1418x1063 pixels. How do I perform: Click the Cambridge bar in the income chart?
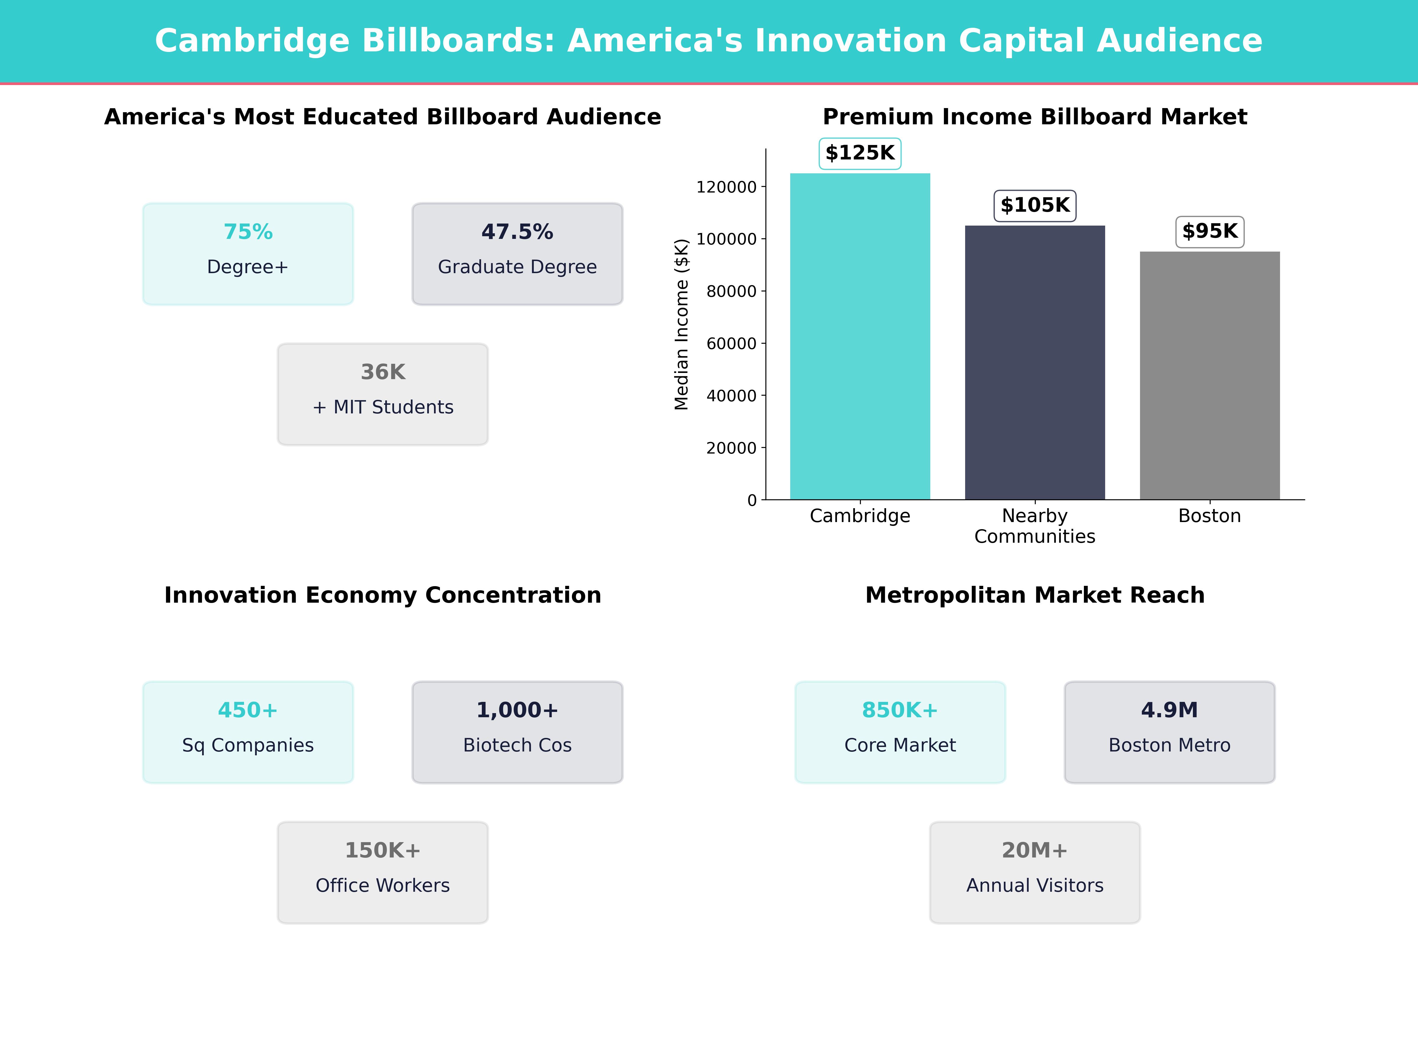pyautogui.click(x=860, y=336)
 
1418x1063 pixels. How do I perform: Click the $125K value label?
pyautogui.click(x=860, y=153)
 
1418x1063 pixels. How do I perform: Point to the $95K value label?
pyautogui.click(x=1210, y=231)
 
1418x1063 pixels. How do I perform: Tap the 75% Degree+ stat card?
pyautogui.click(x=248, y=254)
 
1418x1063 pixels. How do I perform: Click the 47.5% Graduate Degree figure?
pyautogui.click(x=517, y=232)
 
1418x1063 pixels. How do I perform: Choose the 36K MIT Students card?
pyautogui.click(x=383, y=394)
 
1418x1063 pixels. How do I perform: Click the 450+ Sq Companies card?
pyautogui.click(x=248, y=732)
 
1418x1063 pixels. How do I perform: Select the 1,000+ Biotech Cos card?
pyautogui.click(x=517, y=732)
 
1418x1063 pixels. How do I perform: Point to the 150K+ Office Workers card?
pyautogui.click(x=383, y=872)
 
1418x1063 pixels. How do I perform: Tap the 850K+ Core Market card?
pyautogui.click(x=900, y=732)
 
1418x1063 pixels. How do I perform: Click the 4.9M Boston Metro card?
pyautogui.click(x=1169, y=732)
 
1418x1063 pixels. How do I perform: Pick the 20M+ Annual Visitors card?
pyautogui.click(x=1035, y=872)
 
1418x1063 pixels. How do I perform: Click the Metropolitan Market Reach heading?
pyautogui.click(x=1035, y=595)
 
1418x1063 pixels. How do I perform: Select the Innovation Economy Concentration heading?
pyautogui.click(x=383, y=595)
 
